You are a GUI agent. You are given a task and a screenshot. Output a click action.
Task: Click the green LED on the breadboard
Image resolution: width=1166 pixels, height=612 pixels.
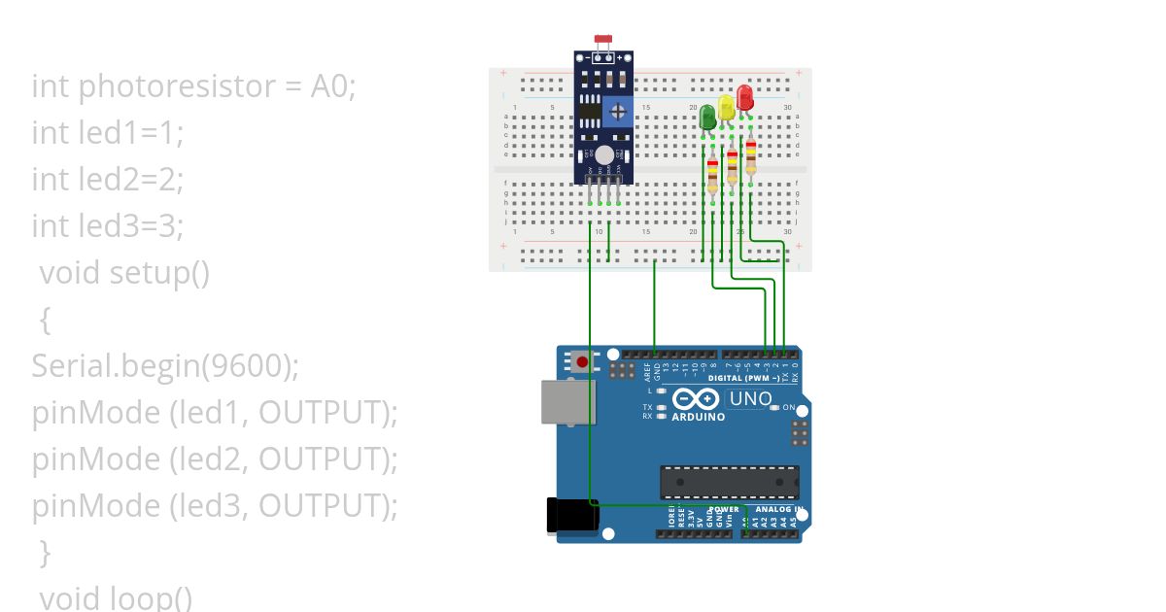coord(707,118)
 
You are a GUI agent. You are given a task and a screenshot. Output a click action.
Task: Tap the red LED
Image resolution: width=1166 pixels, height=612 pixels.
coord(744,98)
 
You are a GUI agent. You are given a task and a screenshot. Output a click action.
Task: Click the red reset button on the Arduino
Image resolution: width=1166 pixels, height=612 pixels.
coord(582,362)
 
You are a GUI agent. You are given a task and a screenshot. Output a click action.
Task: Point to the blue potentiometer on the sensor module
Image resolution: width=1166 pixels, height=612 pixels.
coord(616,113)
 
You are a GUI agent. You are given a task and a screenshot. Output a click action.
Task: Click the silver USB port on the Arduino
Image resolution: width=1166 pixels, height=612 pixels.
coord(567,401)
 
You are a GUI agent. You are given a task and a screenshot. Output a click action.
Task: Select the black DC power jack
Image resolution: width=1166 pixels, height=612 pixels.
coord(572,515)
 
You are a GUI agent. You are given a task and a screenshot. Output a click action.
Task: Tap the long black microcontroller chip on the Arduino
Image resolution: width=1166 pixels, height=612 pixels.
coord(729,482)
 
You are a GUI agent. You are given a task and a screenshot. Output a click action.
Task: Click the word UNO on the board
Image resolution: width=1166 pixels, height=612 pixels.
coord(750,398)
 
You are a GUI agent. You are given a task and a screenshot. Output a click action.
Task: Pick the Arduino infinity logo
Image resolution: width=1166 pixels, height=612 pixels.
coord(696,398)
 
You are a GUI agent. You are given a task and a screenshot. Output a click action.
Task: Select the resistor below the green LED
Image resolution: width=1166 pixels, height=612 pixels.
coord(713,176)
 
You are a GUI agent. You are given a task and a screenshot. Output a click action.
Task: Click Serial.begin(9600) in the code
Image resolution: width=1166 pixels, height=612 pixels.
coord(165,366)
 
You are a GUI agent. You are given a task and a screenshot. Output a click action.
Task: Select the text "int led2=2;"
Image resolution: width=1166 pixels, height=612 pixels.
coord(107,180)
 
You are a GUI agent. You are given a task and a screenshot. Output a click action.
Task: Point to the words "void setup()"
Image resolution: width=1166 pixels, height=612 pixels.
coord(124,273)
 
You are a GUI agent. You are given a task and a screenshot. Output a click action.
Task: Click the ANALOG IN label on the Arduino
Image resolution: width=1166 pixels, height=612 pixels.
coord(777,509)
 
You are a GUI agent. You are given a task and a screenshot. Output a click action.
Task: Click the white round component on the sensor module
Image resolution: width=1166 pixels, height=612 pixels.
coord(604,155)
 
